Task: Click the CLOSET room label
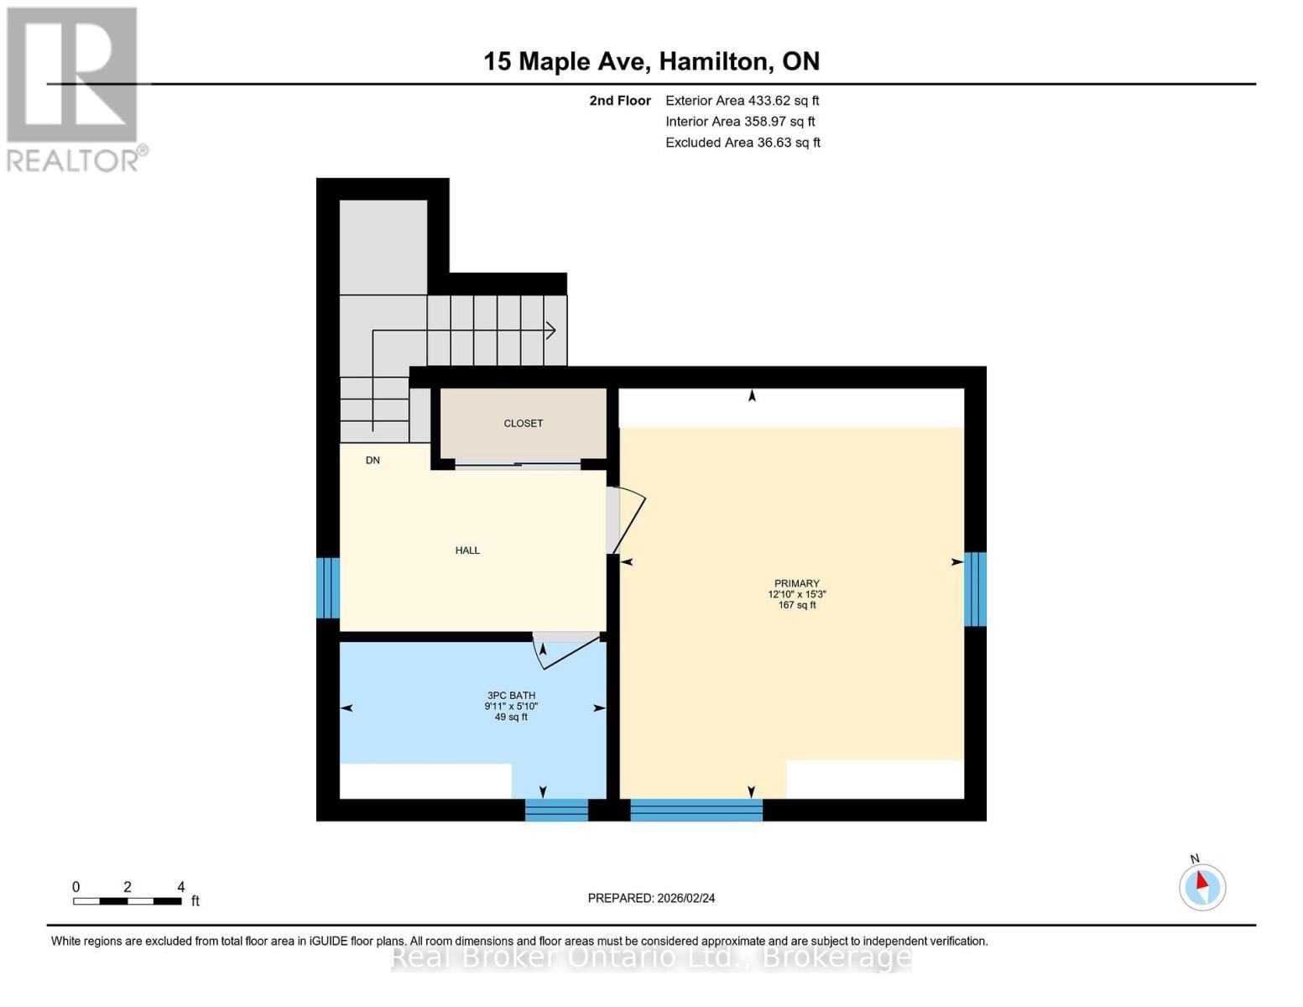tap(523, 424)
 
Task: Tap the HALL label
tap(467, 550)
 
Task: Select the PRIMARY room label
tap(796, 583)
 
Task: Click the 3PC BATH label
tap(511, 696)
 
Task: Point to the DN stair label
tap(373, 461)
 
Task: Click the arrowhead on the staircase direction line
tap(551, 331)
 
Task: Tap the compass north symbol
tap(1201, 886)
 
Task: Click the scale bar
tap(127, 901)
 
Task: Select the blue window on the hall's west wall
tap(327, 587)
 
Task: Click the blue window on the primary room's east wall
tap(974, 589)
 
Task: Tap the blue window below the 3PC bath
tap(556, 810)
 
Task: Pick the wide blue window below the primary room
tap(696, 810)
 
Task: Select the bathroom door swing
tap(566, 651)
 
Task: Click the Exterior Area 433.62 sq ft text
tap(742, 101)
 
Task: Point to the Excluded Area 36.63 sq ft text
tap(743, 143)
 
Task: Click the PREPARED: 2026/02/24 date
tap(651, 898)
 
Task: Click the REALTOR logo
tap(74, 88)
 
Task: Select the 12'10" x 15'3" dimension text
tap(796, 594)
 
